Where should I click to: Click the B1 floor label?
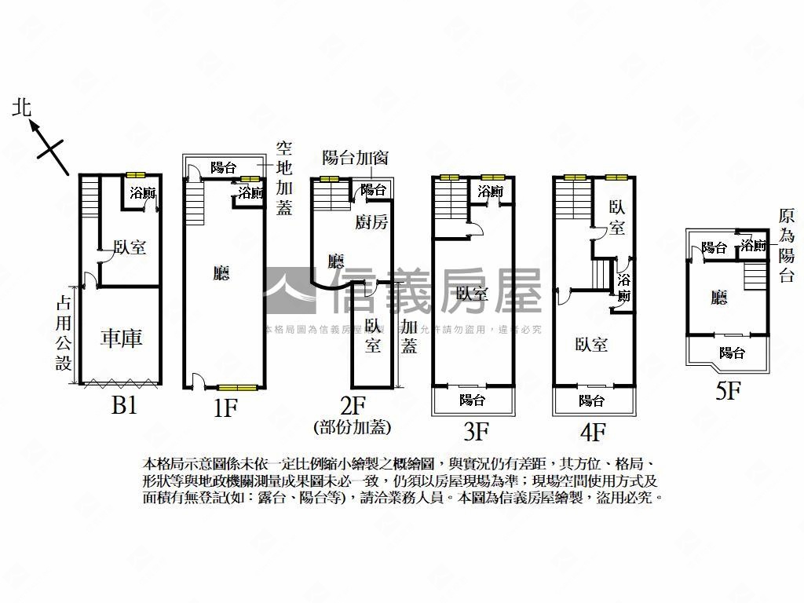[x=123, y=406]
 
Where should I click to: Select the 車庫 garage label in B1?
[x=122, y=339]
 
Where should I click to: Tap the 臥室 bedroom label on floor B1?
[x=130, y=247]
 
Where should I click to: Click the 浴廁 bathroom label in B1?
[x=142, y=192]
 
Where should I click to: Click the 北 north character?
[x=23, y=108]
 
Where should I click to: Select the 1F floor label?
[x=224, y=408]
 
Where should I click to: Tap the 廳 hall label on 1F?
[x=222, y=272]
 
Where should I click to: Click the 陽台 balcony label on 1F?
[x=224, y=167]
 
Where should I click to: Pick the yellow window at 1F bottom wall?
[x=238, y=387]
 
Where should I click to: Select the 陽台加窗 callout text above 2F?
[x=356, y=157]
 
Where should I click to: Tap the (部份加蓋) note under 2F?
[x=353, y=427]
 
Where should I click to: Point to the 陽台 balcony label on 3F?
[x=472, y=400]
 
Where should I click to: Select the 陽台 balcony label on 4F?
[x=591, y=400]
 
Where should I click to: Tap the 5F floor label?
[x=728, y=390]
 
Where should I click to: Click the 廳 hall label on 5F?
[x=718, y=297]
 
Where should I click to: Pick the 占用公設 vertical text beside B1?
[x=64, y=333]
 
